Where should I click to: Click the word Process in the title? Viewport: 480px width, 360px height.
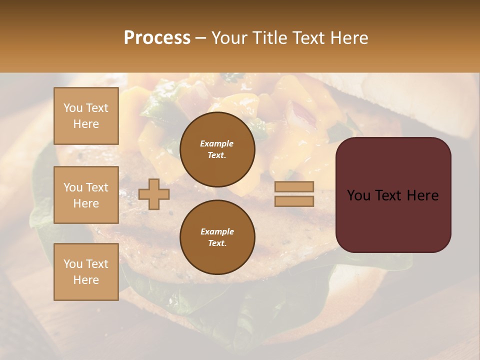[x=157, y=38]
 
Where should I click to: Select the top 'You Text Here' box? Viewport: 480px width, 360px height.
[x=86, y=116]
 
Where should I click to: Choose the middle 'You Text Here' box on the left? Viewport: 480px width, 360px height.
[x=86, y=195]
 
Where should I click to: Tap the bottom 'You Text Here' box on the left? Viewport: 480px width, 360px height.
[x=86, y=271]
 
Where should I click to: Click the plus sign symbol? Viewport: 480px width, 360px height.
[x=154, y=194]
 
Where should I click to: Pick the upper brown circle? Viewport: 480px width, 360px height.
[x=217, y=149]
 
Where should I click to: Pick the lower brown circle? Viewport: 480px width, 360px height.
[x=217, y=237]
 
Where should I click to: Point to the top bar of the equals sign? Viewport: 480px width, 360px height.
[x=294, y=187]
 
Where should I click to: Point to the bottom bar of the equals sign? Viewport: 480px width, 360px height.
[x=294, y=201]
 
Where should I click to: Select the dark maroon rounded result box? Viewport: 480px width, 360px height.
[x=393, y=220]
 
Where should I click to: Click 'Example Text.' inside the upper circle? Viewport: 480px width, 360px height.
[x=217, y=149]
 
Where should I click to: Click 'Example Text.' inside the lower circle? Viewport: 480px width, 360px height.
[x=217, y=237]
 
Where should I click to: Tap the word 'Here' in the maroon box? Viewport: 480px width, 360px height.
[x=422, y=195]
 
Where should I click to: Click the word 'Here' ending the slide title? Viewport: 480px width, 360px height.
[x=350, y=38]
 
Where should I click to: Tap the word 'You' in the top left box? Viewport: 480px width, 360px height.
[x=73, y=108]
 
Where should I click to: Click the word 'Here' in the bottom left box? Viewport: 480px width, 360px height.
[x=86, y=280]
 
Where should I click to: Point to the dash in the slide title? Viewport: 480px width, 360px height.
[x=200, y=38]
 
